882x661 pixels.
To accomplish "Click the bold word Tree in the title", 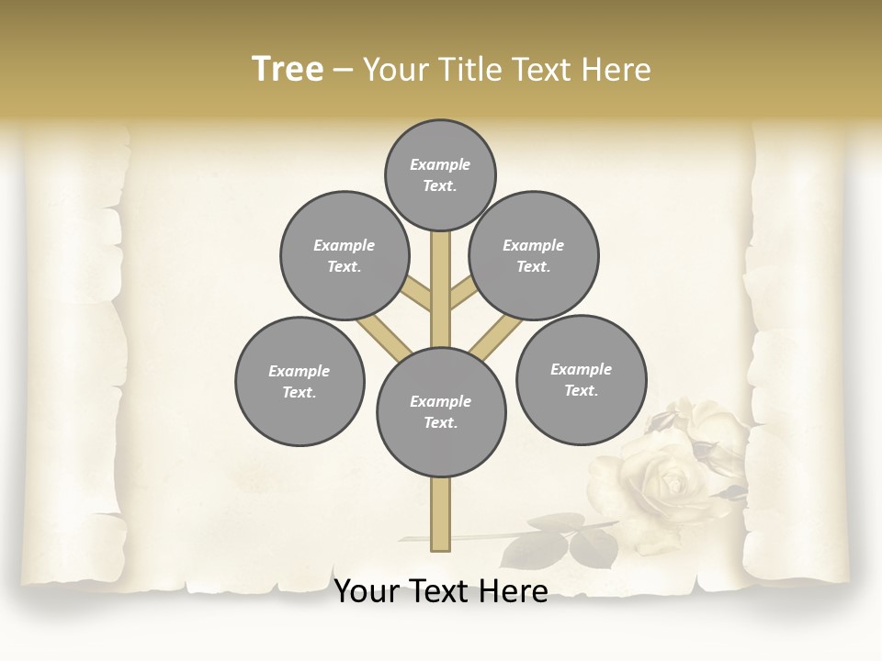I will tap(288, 69).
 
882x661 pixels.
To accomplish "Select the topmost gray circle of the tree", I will tap(440, 174).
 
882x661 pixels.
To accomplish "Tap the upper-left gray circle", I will tap(344, 255).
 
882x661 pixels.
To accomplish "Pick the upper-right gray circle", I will tap(534, 255).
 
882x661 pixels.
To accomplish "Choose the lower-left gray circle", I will tap(300, 381).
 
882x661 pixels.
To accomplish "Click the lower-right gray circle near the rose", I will tap(581, 379).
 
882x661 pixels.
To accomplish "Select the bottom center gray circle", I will tap(440, 411).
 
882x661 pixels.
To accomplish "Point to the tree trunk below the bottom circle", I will tap(440, 514).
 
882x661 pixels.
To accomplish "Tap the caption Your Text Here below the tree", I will tap(441, 591).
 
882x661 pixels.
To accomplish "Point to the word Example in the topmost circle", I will tap(440, 164).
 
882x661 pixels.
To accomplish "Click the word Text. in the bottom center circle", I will tap(440, 422).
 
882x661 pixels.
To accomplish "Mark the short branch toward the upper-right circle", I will tap(462, 294).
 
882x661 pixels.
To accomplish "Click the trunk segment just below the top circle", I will tap(440, 252).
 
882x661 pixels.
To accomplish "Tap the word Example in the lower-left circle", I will tap(299, 371).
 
